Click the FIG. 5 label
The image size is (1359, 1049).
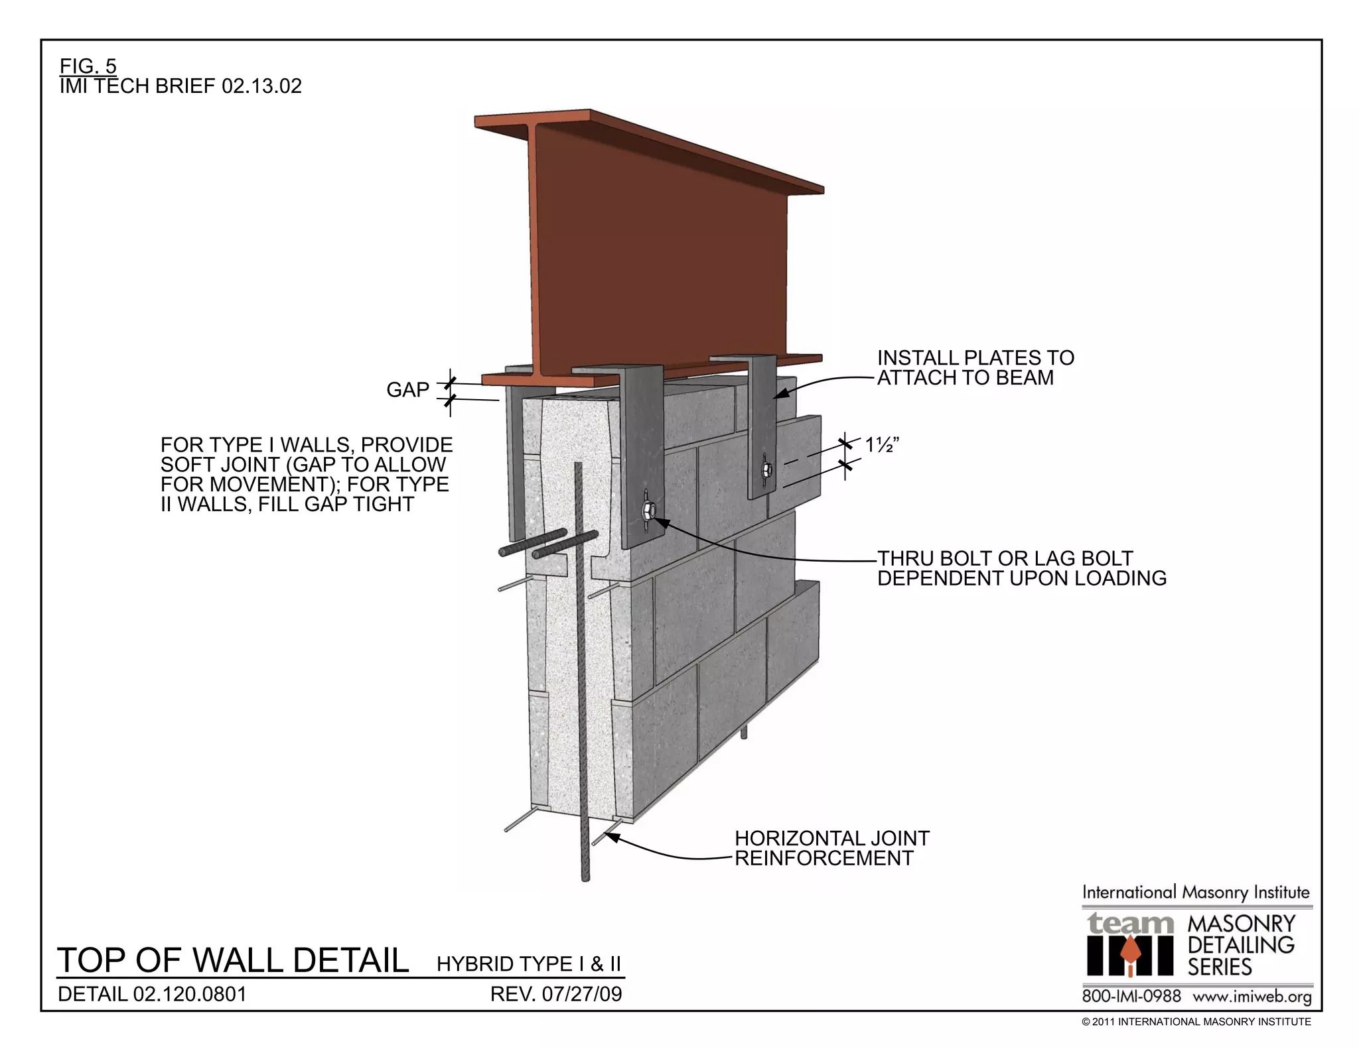click(x=88, y=66)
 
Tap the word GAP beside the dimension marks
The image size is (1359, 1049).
click(x=407, y=390)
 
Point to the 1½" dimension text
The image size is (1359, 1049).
click(x=882, y=446)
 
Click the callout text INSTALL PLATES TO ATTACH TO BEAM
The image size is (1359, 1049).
click(x=975, y=368)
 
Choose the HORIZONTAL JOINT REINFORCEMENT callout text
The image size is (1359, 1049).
click(x=831, y=848)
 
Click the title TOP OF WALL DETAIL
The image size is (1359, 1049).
click(x=233, y=960)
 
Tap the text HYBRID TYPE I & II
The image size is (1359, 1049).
click(x=529, y=963)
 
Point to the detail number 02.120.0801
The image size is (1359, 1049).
click(x=152, y=994)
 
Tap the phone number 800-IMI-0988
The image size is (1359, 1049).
click(x=1131, y=997)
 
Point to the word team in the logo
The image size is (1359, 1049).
click(x=1130, y=923)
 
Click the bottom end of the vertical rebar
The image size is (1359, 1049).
click(x=585, y=878)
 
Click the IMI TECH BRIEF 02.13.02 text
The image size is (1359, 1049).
click(x=180, y=86)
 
